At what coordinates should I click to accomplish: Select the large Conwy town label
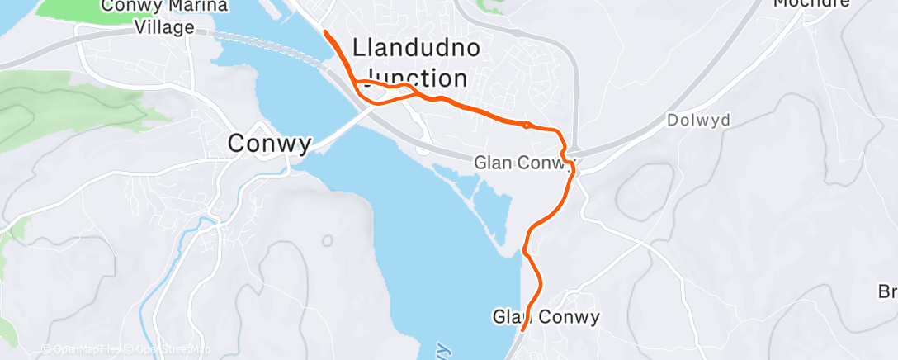coord(270,144)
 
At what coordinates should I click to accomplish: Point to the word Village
coord(166,27)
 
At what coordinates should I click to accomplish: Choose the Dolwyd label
coord(698,121)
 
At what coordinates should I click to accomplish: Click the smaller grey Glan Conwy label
coord(523,163)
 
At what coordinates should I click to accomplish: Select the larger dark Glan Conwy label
coord(546,317)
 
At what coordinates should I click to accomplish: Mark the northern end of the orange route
coord(326,32)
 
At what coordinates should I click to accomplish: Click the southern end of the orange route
coord(523,329)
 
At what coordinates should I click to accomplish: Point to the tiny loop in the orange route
coord(527,125)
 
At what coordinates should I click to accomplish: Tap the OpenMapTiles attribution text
coord(83,350)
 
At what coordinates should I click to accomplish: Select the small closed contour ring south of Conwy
coord(328,240)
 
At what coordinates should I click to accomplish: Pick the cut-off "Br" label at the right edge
coord(887,292)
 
